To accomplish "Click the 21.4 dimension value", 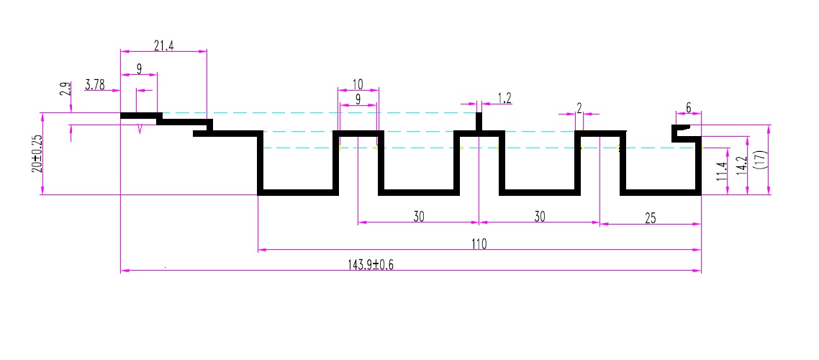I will [x=164, y=46].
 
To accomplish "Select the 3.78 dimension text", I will [x=95, y=86].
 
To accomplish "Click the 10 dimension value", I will [x=358, y=84].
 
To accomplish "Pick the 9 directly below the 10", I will [x=358, y=100].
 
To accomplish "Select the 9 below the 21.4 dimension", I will [x=139, y=69].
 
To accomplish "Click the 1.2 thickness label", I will [x=504, y=99].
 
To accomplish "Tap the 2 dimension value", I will [x=579, y=108].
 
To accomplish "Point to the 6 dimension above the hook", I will [x=689, y=108].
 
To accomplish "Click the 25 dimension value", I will [x=651, y=218].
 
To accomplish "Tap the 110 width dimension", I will [x=479, y=244].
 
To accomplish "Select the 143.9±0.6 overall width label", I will [x=371, y=265].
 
